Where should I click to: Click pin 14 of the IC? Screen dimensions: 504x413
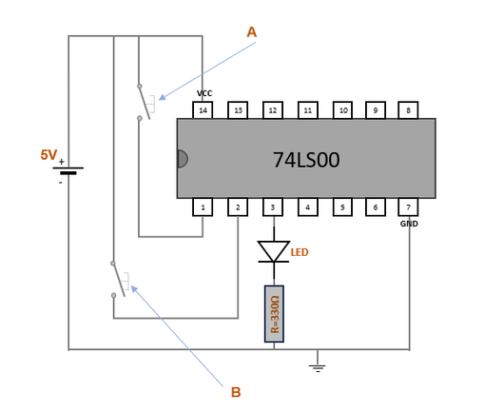coord(203,110)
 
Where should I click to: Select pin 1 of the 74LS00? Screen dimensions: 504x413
coord(203,207)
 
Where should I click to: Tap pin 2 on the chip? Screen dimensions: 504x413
coord(238,207)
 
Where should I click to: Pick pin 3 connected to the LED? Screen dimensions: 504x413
coord(273,207)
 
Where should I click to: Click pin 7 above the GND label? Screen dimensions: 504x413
coord(408,207)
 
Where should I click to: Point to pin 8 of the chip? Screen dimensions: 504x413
coord(408,110)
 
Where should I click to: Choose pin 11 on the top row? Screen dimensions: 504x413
coord(308,110)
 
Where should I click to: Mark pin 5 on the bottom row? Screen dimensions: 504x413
coord(342,207)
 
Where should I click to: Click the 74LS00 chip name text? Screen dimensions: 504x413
coord(306,160)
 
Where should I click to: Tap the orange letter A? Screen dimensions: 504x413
coord(252,32)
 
